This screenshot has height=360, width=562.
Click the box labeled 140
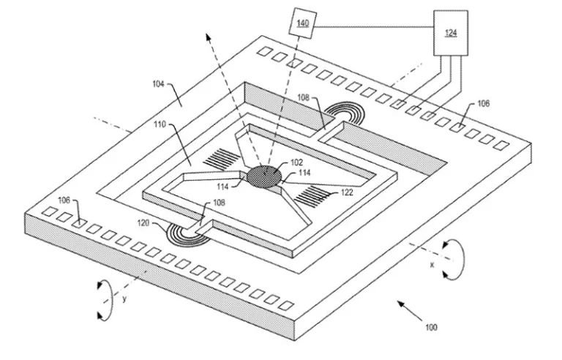click(303, 23)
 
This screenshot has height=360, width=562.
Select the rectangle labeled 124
click(451, 33)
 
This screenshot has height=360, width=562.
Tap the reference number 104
click(158, 84)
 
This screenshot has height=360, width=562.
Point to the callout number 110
click(160, 124)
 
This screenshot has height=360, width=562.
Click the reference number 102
click(297, 162)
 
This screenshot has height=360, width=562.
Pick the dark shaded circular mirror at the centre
click(265, 176)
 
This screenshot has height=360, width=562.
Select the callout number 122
click(347, 192)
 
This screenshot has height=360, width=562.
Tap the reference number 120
click(143, 223)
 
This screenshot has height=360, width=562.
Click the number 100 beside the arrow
click(431, 327)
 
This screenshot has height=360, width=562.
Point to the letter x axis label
click(432, 265)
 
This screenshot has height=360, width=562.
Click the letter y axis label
click(124, 299)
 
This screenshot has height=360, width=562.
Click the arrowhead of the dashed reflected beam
click(208, 37)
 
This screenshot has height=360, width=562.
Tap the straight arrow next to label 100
click(410, 310)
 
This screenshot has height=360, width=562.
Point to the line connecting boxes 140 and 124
click(375, 27)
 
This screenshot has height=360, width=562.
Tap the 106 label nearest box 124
click(484, 104)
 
